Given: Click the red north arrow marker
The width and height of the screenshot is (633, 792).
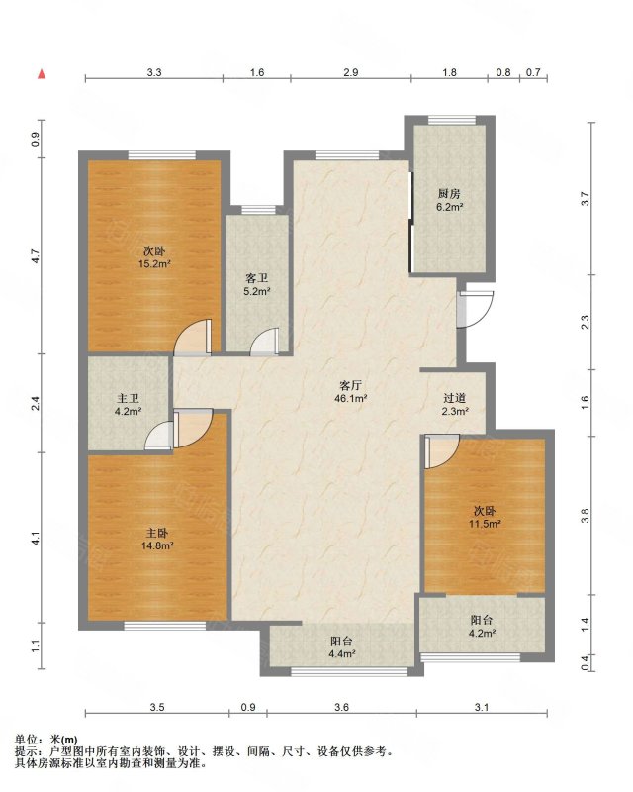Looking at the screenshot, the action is (42, 74).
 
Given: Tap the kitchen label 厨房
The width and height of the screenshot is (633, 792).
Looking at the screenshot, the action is (449, 194).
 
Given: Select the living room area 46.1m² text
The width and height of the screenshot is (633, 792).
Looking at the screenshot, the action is (352, 398).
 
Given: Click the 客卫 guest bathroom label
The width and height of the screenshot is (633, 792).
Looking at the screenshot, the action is (256, 278).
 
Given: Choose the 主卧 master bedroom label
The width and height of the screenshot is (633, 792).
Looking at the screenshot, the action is (157, 533).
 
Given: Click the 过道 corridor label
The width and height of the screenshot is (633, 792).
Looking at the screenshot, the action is (455, 399).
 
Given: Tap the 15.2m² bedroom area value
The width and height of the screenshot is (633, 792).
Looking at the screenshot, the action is (154, 263).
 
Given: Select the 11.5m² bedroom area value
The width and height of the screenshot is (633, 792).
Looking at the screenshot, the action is (485, 524).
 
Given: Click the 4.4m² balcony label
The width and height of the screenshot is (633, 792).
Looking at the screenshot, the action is (341, 653).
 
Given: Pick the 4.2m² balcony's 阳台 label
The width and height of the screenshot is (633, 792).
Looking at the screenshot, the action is (482, 620).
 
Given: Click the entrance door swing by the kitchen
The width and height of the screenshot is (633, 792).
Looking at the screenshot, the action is (476, 309).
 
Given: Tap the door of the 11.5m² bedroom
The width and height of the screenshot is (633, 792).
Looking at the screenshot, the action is (442, 450).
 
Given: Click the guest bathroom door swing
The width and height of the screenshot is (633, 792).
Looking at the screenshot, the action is (264, 341).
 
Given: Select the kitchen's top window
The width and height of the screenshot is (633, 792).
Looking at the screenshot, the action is (452, 120).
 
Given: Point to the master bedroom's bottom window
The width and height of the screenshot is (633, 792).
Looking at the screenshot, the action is (165, 626).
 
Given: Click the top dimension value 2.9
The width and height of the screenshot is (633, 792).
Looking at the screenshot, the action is (351, 72).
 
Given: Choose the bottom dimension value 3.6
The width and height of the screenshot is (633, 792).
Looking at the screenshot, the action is (342, 707).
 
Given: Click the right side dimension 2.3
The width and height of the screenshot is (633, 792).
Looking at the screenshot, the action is (585, 322).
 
